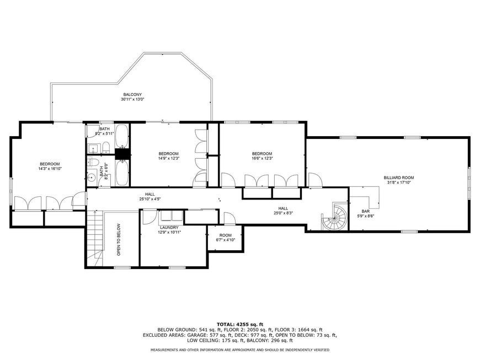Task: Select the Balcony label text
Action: click(x=132, y=94)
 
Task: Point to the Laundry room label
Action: click(x=169, y=228)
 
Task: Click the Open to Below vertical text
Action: click(x=119, y=240)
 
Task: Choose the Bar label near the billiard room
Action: click(x=365, y=211)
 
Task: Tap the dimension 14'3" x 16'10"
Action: click(x=50, y=169)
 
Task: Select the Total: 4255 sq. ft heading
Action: click(x=240, y=324)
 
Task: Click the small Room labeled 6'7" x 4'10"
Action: click(x=226, y=235)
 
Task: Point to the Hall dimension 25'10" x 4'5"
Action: click(x=150, y=199)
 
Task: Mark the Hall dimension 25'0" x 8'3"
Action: click(x=283, y=213)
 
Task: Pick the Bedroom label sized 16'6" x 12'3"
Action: click(x=262, y=154)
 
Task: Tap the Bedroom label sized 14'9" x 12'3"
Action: click(x=168, y=154)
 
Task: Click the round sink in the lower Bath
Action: click(x=91, y=177)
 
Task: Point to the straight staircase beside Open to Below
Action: click(x=94, y=239)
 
